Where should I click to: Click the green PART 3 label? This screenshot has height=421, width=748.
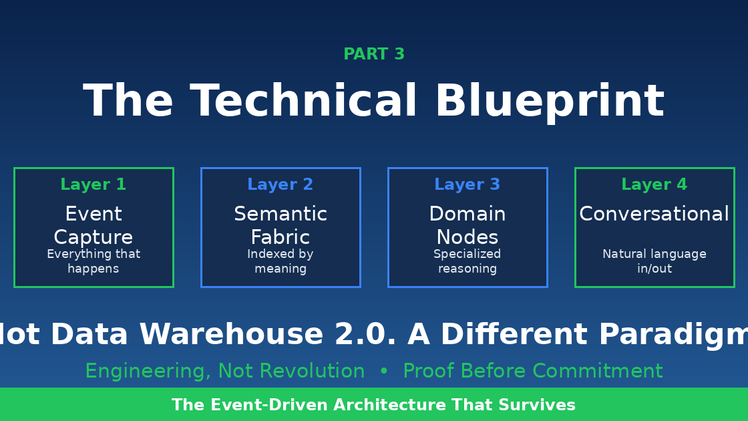click(374, 55)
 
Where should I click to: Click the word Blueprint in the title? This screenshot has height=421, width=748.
click(549, 102)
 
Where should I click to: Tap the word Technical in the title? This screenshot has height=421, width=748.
click(304, 102)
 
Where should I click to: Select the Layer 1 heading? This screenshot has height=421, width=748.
click(93, 185)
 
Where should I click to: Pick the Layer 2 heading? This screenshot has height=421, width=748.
click(280, 185)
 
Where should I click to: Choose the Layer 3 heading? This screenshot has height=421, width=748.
click(467, 185)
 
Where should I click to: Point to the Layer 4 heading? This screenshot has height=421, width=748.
click(654, 185)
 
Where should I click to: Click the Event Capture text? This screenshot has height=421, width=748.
click(93, 226)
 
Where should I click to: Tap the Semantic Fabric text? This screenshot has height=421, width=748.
click(280, 226)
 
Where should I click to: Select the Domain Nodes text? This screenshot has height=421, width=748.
click(467, 226)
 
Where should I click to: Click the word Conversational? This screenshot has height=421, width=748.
click(654, 215)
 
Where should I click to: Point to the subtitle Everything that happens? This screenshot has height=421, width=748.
click(93, 261)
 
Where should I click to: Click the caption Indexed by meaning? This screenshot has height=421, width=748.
click(280, 261)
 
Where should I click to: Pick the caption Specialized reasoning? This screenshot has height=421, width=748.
click(467, 261)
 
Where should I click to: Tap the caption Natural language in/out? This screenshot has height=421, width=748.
click(654, 261)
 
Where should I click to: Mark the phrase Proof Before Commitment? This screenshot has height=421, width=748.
click(532, 372)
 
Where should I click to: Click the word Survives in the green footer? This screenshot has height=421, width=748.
click(538, 406)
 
